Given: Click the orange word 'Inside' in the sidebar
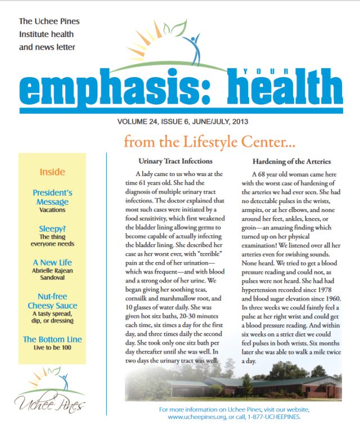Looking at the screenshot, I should click(x=52, y=172).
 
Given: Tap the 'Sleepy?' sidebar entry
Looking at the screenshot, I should click(x=52, y=229).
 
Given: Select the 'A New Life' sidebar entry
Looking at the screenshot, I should click(x=52, y=263).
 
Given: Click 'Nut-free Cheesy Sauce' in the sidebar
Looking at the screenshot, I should click(x=52, y=301).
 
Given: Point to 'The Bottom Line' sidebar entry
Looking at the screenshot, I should click(x=52, y=339).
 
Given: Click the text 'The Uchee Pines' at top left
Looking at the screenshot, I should click(x=49, y=21).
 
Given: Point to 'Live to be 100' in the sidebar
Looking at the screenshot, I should click(x=52, y=348).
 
